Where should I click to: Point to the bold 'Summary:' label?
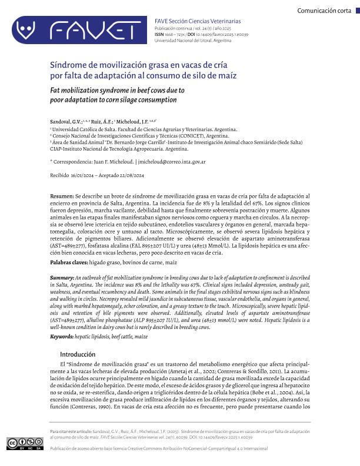coord(62,277)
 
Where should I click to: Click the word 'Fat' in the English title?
coord(56,91)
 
